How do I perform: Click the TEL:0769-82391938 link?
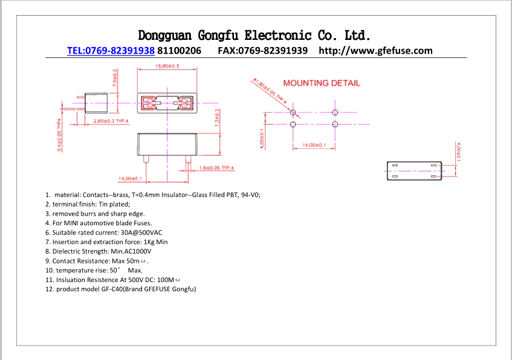(x=111, y=51)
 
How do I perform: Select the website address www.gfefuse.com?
(x=375, y=51)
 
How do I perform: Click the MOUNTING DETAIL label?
(x=321, y=83)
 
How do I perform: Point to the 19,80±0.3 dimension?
(x=167, y=66)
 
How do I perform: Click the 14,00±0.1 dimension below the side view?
(x=130, y=179)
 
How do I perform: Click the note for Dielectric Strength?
(x=98, y=251)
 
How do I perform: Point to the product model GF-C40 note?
(x=121, y=289)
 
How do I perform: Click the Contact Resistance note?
(x=97, y=261)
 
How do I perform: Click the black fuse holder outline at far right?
(x=414, y=172)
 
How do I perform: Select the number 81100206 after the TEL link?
(x=179, y=51)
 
